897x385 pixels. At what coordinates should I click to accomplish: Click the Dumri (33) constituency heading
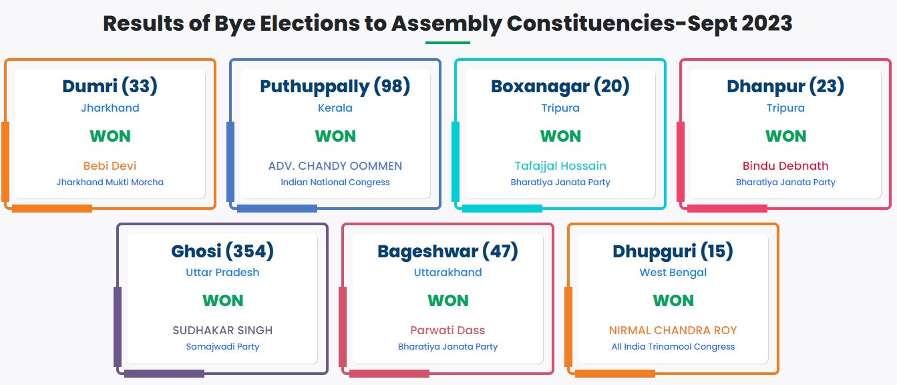click(x=110, y=86)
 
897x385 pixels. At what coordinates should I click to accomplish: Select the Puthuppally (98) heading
click(x=335, y=86)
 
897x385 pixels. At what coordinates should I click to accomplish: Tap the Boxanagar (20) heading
click(x=560, y=86)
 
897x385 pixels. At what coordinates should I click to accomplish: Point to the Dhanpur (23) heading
click(x=785, y=86)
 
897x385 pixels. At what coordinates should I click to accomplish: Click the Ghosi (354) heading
click(x=222, y=251)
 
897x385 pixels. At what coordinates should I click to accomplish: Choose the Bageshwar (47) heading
click(x=447, y=251)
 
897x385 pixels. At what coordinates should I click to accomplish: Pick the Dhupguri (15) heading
click(x=673, y=251)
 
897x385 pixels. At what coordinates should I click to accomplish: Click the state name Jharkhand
click(x=110, y=108)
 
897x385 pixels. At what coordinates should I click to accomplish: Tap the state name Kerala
click(x=335, y=108)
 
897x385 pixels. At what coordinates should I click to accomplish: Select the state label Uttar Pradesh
click(x=222, y=273)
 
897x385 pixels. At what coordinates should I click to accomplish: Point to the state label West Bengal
click(x=673, y=273)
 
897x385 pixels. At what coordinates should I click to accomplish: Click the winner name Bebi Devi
click(x=110, y=166)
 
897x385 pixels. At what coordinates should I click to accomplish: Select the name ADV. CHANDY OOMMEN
click(x=335, y=166)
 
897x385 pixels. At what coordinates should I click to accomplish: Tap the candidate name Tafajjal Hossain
click(x=560, y=166)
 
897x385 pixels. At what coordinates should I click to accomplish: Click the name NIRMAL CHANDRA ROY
click(x=673, y=330)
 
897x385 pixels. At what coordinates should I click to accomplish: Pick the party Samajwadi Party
click(x=222, y=346)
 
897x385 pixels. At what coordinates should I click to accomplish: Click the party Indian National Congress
click(x=335, y=182)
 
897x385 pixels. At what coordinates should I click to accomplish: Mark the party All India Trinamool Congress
click(x=673, y=346)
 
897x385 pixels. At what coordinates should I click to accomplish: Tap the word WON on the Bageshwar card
click(x=447, y=301)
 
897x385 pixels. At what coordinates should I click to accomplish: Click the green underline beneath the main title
click(x=447, y=43)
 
